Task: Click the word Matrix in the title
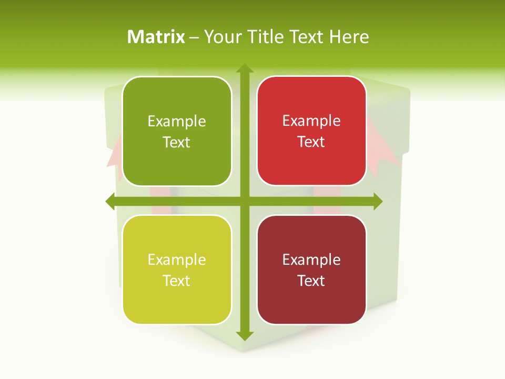pyautogui.click(x=156, y=37)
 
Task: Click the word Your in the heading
pyautogui.click(x=220, y=37)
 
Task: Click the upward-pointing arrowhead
pyautogui.click(x=244, y=68)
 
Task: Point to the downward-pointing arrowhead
pyautogui.click(x=244, y=336)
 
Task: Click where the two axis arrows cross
pyautogui.click(x=244, y=201)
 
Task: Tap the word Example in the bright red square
pyautogui.click(x=311, y=121)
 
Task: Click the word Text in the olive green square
pyautogui.click(x=177, y=143)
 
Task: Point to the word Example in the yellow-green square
pyautogui.click(x=177, y=260)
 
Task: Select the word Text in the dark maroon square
pyautogui.click(x=311, y=281)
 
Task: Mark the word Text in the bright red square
pyautogui.click(x=311, y=142)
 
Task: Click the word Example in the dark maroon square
pyautogui.click(x=311, y=260)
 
